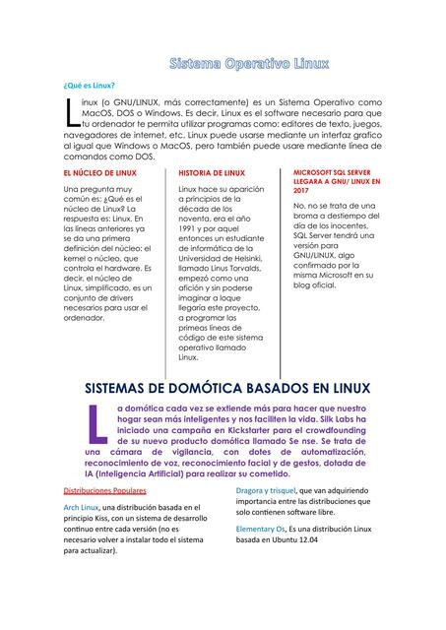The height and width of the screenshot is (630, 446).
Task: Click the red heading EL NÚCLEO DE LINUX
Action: (x=99, y=172)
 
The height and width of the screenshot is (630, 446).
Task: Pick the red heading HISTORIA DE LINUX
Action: (x=212, y=172)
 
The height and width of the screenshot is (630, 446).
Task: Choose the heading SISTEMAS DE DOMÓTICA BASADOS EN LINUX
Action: (x=223, y=388)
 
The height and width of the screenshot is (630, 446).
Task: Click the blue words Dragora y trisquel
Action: (x=266, y=489)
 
